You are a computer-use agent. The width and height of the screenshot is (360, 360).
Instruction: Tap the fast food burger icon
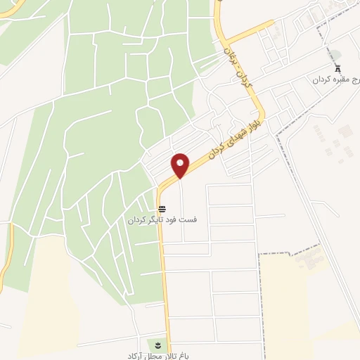(x=162, y=209)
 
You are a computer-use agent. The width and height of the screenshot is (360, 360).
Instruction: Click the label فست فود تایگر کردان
(x=162, y=219)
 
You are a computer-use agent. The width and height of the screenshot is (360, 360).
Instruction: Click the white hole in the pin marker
(x=181, y=162)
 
